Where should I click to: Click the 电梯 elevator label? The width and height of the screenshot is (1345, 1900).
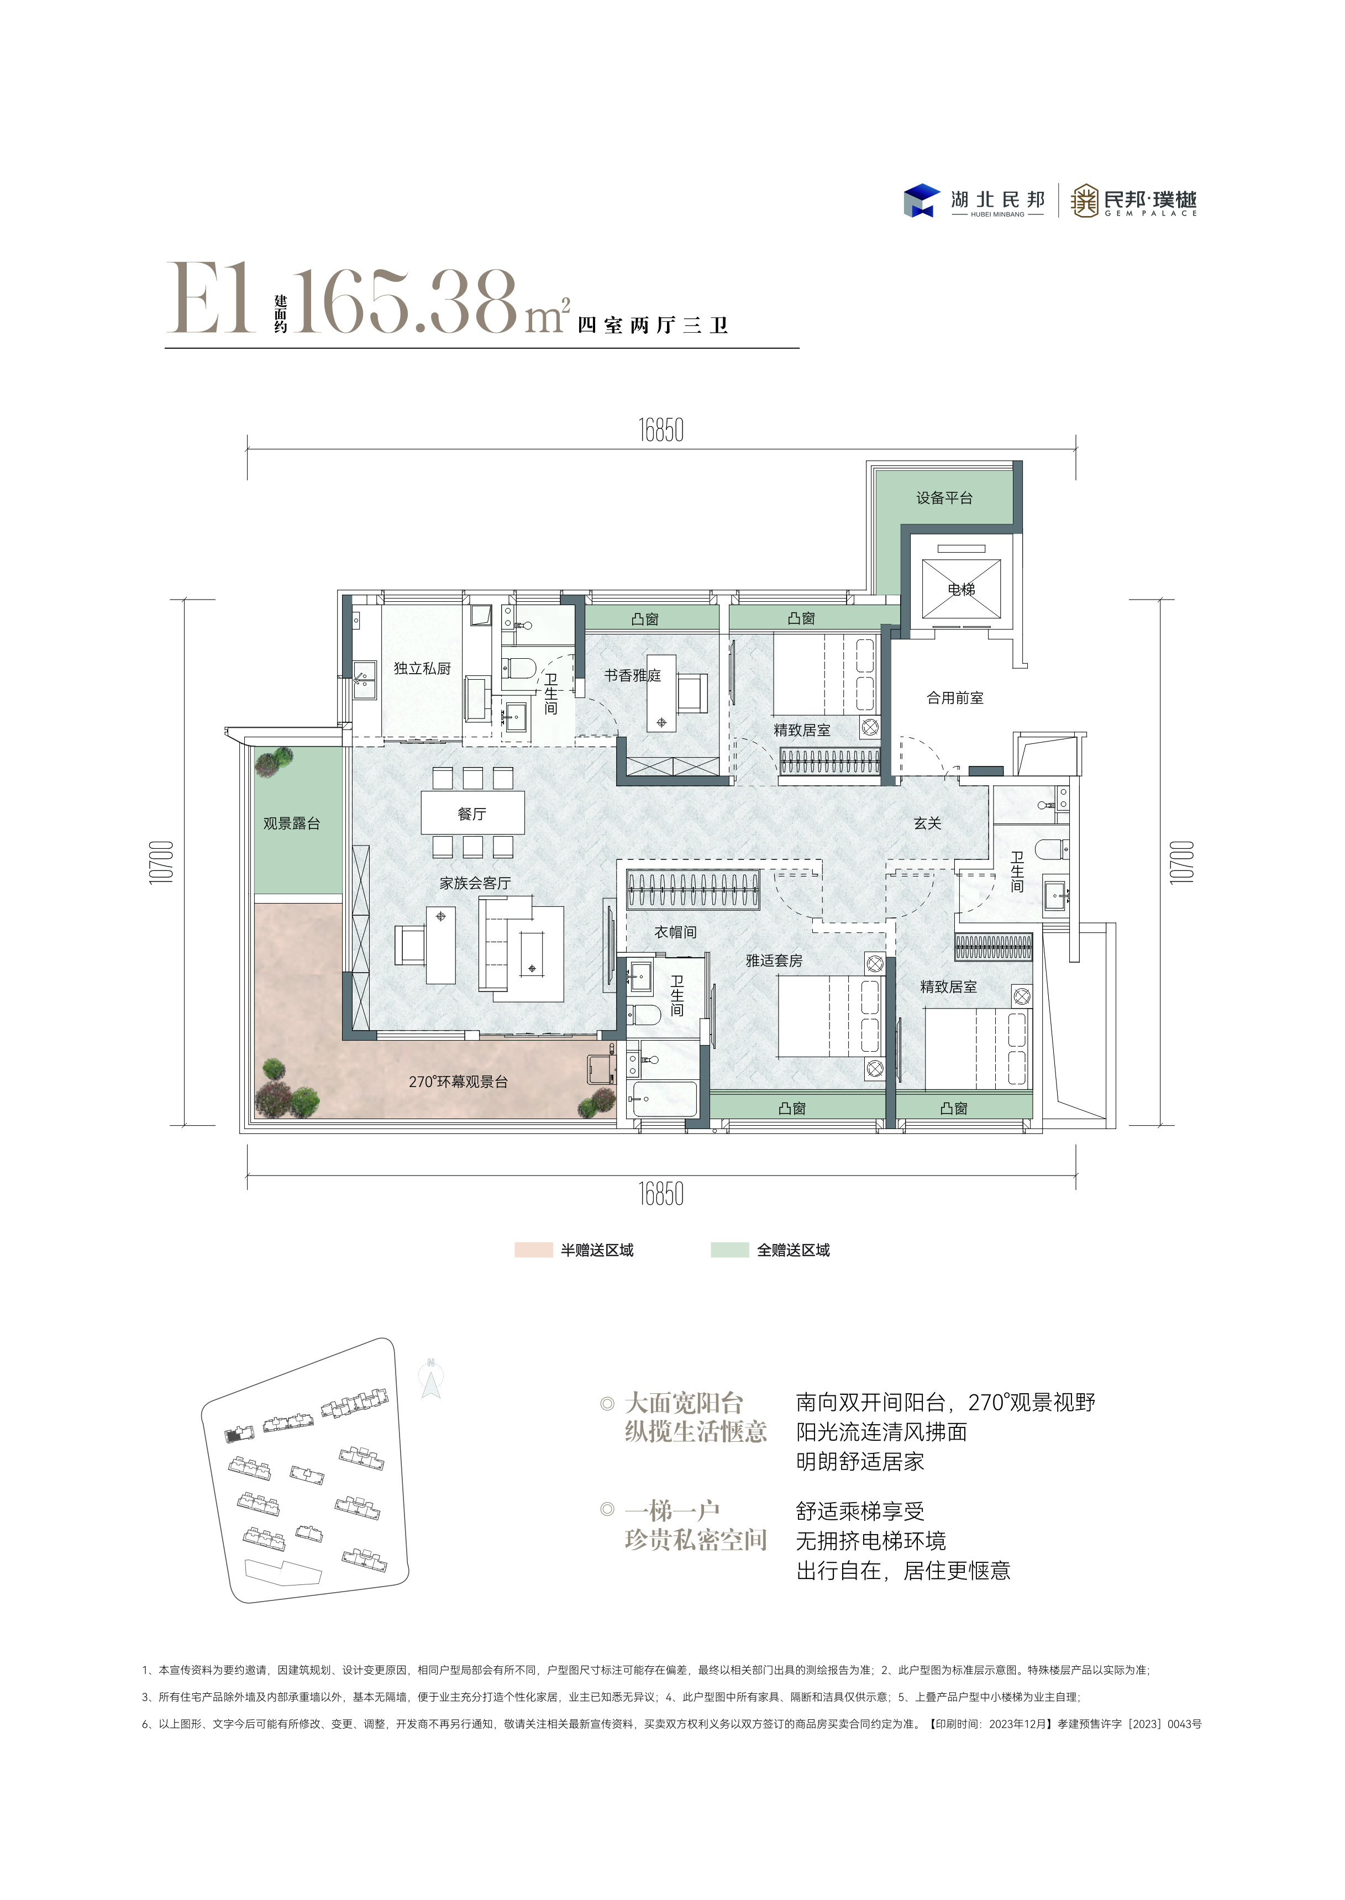(x=962, y=589)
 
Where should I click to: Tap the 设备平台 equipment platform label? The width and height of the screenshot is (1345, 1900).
(x=944, y=498)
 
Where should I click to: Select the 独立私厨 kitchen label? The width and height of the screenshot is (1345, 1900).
(x=422, y=668)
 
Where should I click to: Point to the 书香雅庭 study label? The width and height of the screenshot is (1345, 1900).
(x=633, y=676)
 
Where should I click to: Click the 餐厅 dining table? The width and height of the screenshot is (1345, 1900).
(x=472, y=813)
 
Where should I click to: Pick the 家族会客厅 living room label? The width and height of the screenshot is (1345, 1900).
(x=475, y=883)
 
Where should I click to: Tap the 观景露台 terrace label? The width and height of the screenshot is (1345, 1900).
(x=292, y=823)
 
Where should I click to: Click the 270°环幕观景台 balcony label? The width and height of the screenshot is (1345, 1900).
(x=458, y=1082)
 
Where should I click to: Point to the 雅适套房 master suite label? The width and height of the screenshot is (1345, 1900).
(x=774, y=961)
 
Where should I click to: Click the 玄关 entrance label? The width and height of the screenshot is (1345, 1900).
(x=928, y=823)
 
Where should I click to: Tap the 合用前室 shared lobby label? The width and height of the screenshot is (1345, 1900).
(x=955, y=698)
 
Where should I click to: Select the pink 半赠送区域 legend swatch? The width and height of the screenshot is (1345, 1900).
(x=533, y=1250)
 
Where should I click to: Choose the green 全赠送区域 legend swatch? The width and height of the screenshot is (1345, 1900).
(x=729, y=1250)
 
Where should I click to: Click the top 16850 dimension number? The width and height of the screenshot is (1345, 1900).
(x=661, y=431)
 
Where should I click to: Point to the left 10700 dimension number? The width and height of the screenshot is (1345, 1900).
(x=162, y=862)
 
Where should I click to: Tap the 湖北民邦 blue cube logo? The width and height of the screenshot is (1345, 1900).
(x=921, y=201)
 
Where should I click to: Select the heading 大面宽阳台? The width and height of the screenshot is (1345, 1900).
(x=684, y=1403)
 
